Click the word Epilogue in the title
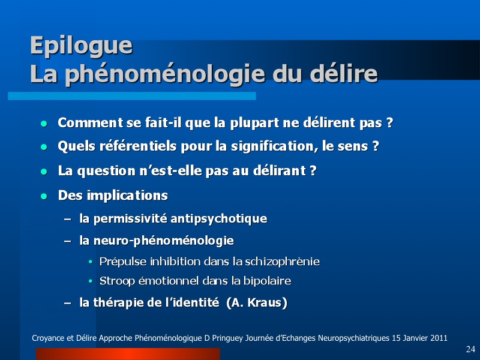coord(82,46)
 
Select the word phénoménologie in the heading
coord(165,74)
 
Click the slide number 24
coord(470,349)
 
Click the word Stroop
coord(117,281)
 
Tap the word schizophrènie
coord(283,262)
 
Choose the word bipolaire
coord(267,281)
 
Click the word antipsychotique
coord(218,219)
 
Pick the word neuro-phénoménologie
coord(163,241)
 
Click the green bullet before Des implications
coord(44,196)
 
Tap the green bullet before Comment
coord(44,124)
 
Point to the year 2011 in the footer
coord(439,338)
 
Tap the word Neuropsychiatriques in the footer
coord(353,338)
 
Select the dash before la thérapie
coord(68,303)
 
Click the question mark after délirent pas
coord(389,123)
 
